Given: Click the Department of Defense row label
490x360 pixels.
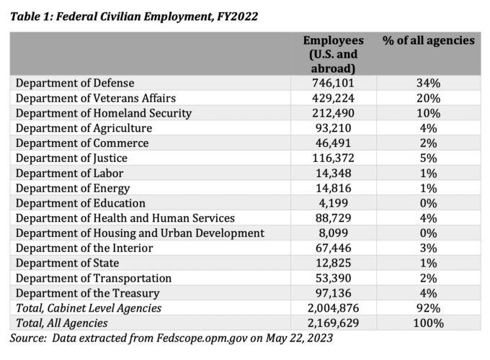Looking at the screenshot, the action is tap(75, 83).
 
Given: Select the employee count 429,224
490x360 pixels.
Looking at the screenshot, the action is tap(333, 99).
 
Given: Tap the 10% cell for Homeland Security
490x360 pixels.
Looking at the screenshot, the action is tap(429, 113).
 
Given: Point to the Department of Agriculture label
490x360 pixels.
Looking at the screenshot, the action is tap(84, 128).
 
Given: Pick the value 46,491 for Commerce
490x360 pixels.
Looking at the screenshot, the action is tap(333, 143).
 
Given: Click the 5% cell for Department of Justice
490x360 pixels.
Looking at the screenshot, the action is tap(429, 158).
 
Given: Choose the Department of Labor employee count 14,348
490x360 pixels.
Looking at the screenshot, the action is tap(333, 174).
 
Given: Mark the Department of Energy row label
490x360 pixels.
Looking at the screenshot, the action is tap(73, 189).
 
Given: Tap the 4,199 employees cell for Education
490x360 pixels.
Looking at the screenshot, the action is tap(333, 203).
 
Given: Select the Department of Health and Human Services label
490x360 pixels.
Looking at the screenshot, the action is tap(125, 218).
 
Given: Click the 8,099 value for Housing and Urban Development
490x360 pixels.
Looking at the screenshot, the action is tap(333, 233).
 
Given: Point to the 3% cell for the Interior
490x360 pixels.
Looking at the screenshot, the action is tap(429, 248).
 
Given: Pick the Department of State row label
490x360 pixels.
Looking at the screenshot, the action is tap(67, 264).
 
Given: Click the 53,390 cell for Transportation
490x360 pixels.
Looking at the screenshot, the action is tap(333, 278).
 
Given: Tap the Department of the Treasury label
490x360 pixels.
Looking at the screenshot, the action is tap(87, 294).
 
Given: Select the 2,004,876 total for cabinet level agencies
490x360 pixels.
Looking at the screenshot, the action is tap(333, 308).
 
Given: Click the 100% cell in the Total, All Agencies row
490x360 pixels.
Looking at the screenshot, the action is tap(429, 323).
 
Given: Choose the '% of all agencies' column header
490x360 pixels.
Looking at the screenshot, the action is tap(429, 40).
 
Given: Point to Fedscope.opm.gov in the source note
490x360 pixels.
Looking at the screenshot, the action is tap(202, 338).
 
